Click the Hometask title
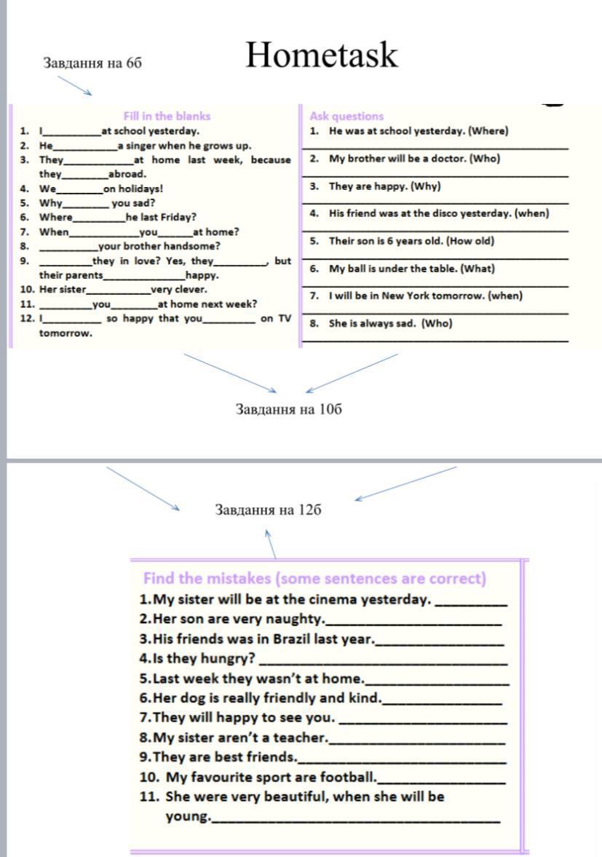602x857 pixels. (322, 55)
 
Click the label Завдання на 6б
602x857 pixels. (92, 63)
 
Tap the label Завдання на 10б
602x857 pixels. (289, 408)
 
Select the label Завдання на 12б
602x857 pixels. (268, 510)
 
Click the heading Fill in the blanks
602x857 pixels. (167, 116)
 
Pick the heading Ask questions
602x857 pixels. (346, 116)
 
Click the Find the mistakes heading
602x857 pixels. (314, 579)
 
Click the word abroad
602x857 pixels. (127, 174)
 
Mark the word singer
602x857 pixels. (140, 146)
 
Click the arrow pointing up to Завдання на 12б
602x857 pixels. (269, 543)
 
